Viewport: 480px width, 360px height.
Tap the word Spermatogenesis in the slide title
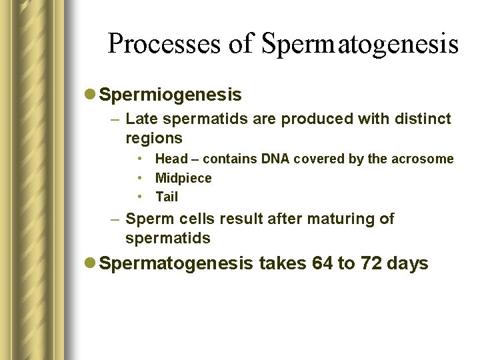coord(360,44)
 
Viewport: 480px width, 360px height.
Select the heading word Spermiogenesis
coord(170,95)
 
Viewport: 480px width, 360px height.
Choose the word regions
coord(153,138)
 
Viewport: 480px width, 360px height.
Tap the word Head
coord(171,159)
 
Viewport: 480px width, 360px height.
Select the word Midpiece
coord(183,178)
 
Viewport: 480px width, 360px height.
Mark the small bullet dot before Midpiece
coord(142,178)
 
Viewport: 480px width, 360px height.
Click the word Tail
coord(167,197)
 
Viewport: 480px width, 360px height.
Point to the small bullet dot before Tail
coord(142,197)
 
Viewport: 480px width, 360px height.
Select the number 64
coord(323,263)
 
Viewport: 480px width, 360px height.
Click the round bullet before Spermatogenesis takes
coord(91,264)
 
